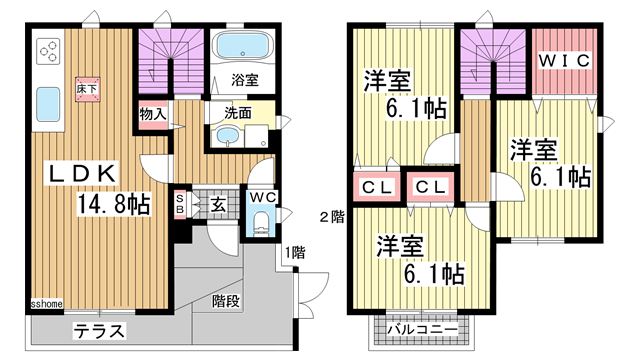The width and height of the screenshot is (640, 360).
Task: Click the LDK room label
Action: (82, 174)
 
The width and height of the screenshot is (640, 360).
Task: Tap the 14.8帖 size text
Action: (114, 204)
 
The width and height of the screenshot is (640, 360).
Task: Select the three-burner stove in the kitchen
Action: (49, 51)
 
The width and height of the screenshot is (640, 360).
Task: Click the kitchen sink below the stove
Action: (48, 104)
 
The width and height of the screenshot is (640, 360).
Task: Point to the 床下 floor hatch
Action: (87, 89)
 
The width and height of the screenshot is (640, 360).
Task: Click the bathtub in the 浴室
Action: (242, 46)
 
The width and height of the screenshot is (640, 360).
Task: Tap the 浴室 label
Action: (245, 80)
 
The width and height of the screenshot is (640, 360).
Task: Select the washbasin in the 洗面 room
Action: (225, 136)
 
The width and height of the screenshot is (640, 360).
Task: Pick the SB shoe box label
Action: (180, 204)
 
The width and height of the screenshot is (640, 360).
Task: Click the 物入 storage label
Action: (153, 114)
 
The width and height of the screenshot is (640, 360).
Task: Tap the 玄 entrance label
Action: (218, 205)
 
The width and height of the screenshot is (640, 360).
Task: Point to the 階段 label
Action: (226, 301)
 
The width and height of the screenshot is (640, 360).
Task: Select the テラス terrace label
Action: (99, 331)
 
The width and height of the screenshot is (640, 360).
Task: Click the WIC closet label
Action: (564, 61)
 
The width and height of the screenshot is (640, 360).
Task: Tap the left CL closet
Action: (377, 187)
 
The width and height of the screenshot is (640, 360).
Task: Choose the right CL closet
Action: (431, 187)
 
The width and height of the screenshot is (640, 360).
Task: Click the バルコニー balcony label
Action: (422, 329)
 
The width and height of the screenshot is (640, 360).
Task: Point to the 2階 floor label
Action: (332, 217)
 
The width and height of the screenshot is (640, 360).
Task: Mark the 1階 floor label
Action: (295, 252)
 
